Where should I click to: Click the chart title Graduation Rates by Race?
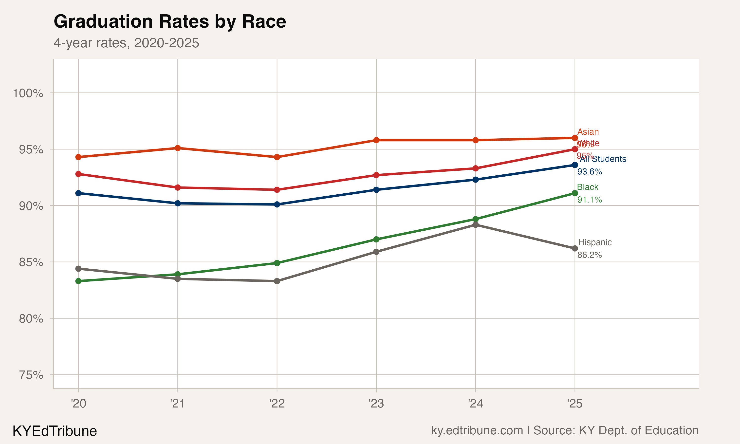tap(170, 21)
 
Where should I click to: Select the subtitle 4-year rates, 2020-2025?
tap(126, 43)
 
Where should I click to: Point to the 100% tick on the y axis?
tap(28, 93)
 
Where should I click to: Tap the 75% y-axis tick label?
tap(31, 375)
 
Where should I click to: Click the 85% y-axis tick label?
tap(31, 262)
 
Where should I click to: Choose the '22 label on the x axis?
tap(277, 404)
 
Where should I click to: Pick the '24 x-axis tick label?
tap(475, 404)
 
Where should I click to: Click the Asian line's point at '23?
tap(376, 140)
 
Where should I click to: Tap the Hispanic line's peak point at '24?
tap(475, 225)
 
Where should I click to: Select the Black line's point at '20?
tap(78, 281)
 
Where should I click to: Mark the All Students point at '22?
tap(277, 204)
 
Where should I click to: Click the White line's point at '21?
tap(178, 188)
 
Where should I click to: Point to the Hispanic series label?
tap(595, 242)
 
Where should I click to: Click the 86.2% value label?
tap(589, 255)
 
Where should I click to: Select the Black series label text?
tap(588, 187)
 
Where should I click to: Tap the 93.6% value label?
tap(589, 171)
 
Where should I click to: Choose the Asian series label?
tap(588, 132)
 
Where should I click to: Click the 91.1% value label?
tap(589, 200)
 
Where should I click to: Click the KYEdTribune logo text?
tap(55, 431)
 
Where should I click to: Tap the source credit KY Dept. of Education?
tap(638, 430)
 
